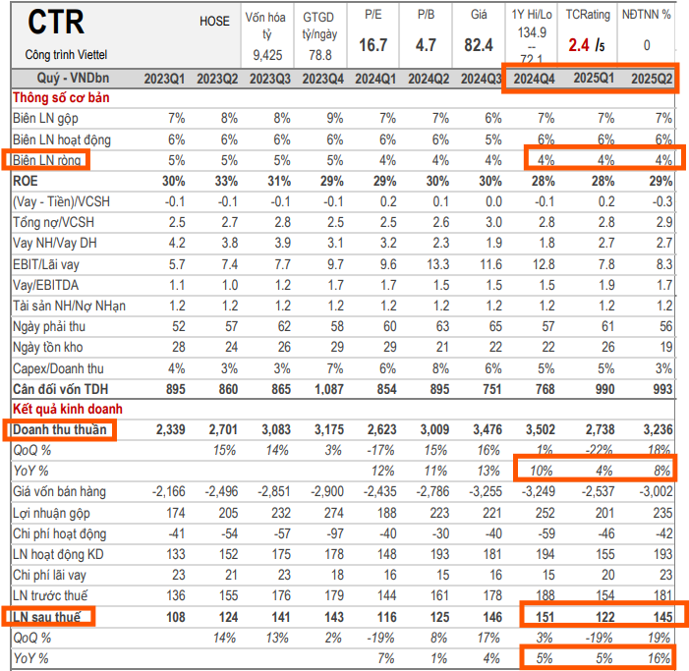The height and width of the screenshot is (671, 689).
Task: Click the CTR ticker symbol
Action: pos(57,22)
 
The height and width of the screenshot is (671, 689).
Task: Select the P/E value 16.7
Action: pos(373,45)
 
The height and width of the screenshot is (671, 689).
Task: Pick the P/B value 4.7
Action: pos(427,45)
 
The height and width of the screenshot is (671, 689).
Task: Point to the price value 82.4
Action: pos(479,45)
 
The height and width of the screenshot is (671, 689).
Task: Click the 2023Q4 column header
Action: pos(320,79)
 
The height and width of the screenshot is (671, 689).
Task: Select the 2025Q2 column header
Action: pos(650,79)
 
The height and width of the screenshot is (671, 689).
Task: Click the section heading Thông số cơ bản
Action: pos(62,97)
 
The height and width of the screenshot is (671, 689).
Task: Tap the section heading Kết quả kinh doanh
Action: pos(67,408)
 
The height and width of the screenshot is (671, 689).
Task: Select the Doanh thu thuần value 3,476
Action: pos(484,429)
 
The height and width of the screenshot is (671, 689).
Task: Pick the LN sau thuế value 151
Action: pos(544,616)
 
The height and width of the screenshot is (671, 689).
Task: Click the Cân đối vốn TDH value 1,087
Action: pos(322,388)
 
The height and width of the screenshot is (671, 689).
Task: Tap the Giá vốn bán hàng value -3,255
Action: pos(481,491)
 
